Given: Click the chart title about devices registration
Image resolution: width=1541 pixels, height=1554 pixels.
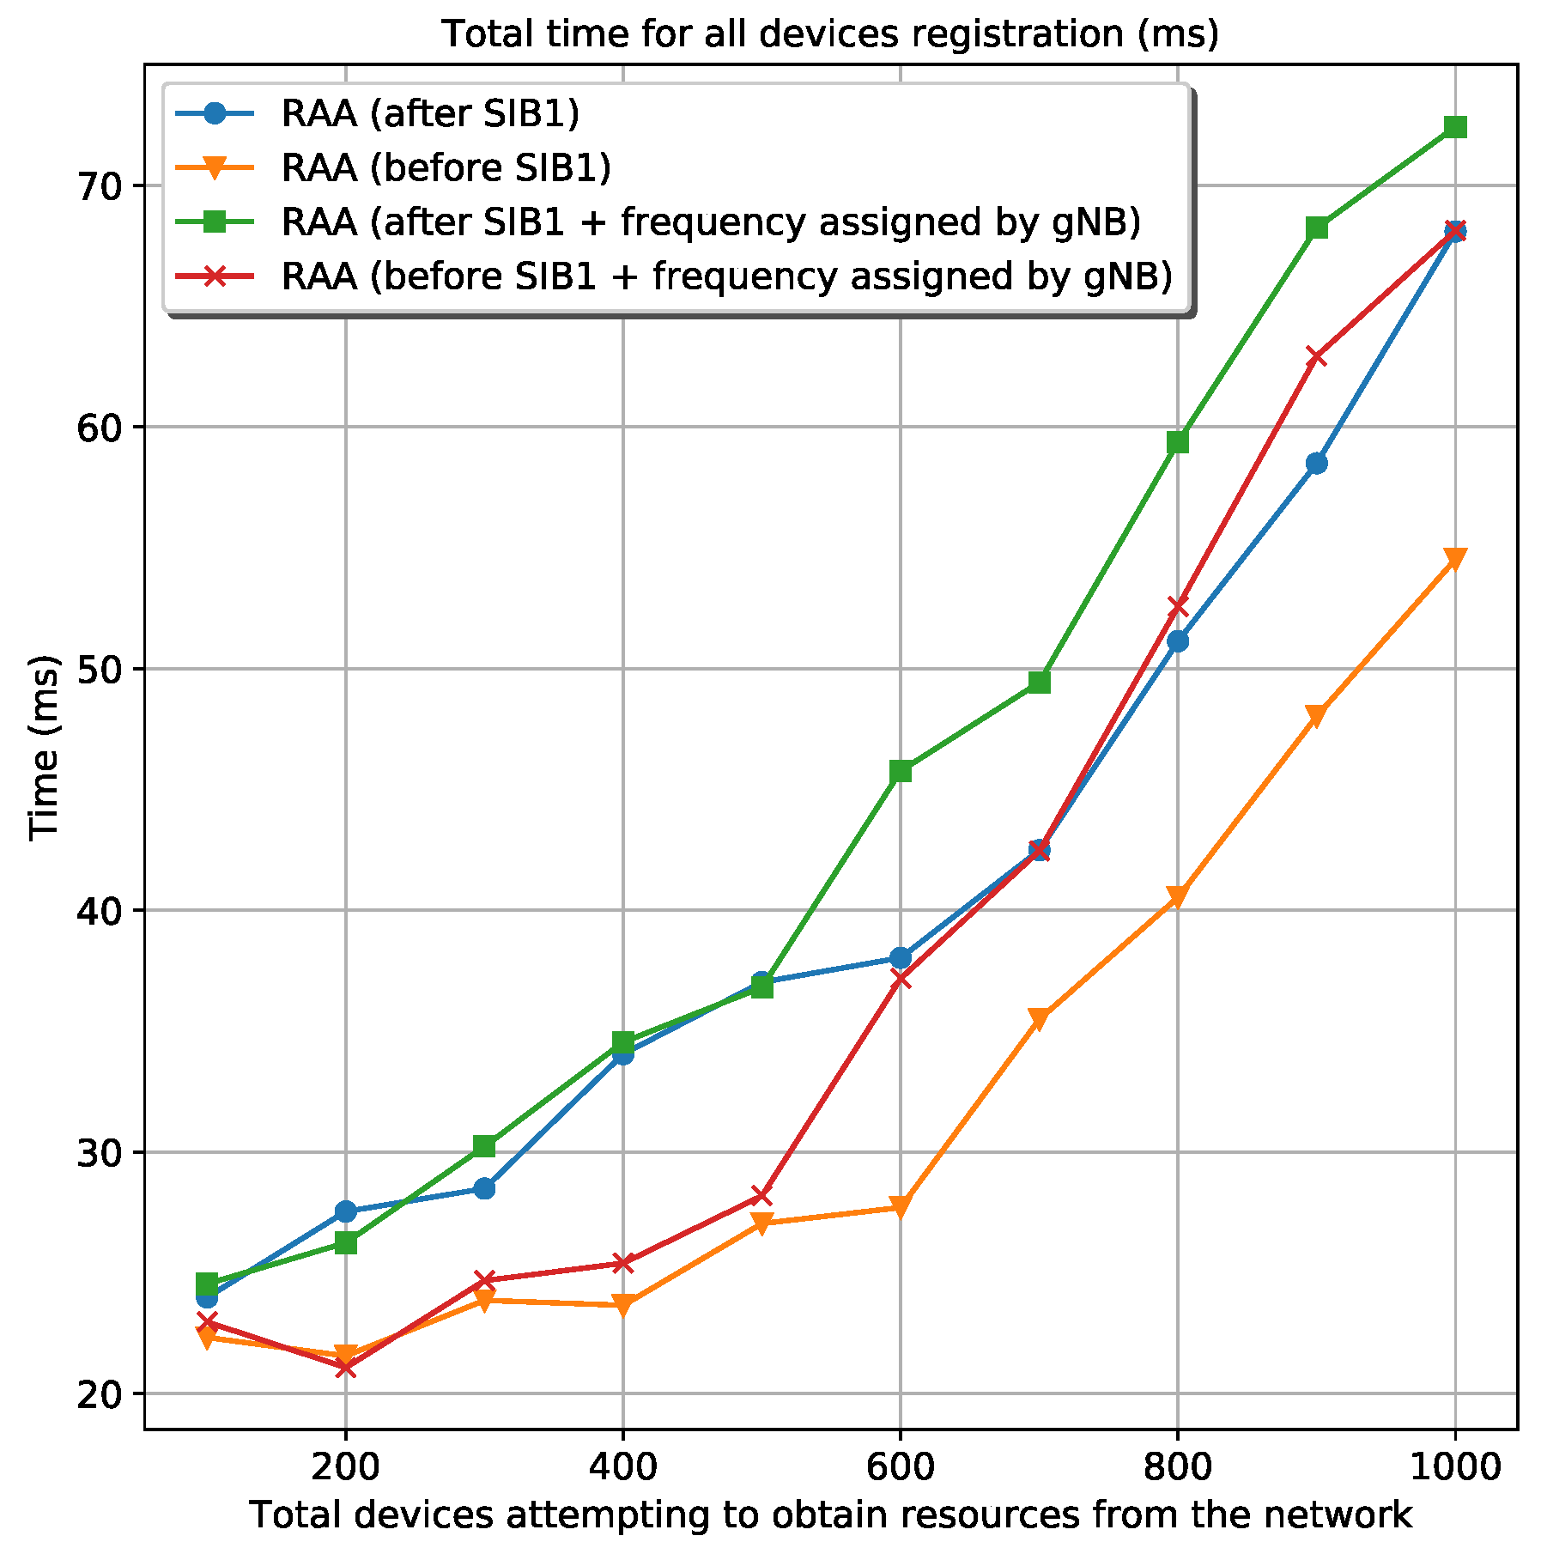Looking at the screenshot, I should (x=829, y=34).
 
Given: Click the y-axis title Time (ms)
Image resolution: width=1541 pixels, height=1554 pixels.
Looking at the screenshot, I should (x=45, y=748).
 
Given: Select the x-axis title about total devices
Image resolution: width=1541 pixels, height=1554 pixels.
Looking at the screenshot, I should (x=829, y=1515).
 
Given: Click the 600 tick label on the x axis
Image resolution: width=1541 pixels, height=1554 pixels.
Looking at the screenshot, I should (x=899, y=1467).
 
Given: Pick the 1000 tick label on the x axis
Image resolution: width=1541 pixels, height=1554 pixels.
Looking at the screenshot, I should (x=1453, y=1467).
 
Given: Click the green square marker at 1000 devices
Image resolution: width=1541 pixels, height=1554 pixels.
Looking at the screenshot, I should (x=1454, y=127).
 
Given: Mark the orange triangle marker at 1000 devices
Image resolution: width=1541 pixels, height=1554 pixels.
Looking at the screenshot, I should (x=1454, y=558).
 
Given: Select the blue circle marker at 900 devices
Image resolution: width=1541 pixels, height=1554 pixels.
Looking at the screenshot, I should (x=1316, y=464).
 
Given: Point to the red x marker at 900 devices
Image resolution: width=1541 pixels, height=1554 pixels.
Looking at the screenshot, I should (x=1316, y=356).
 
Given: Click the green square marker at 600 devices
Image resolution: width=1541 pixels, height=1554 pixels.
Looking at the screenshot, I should (x=900, y=771).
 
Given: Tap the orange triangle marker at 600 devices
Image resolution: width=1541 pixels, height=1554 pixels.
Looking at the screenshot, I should (x=900, y=1208).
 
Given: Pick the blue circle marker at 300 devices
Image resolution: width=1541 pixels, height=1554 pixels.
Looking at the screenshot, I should (x=484, y=1188).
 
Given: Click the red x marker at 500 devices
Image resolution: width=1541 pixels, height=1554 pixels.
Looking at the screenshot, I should (x=761, y=1195).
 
